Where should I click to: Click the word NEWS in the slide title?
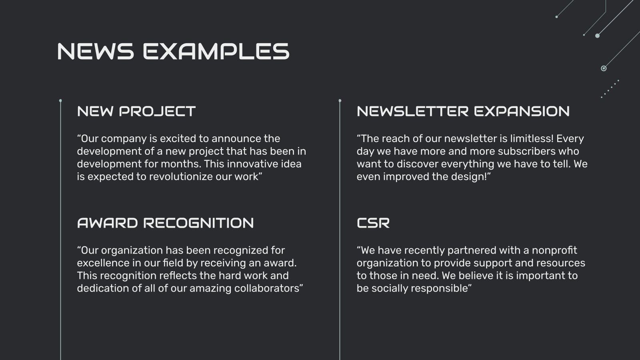click(x=95, y=52)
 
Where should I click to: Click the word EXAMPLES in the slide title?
click(x=216, y=52)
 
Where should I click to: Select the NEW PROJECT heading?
click(x=136, y=111)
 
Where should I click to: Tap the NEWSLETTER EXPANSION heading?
click(x=463, y=111)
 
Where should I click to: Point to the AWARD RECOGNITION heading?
click(x=165, y=223)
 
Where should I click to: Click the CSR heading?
click(x=373, y=223)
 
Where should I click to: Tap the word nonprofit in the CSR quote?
click(x=554, y=250)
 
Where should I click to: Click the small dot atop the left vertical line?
click(x=60, y=101)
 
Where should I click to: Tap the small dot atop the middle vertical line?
click(x=340, y=101)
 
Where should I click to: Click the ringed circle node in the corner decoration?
click(x=604, y=68)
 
